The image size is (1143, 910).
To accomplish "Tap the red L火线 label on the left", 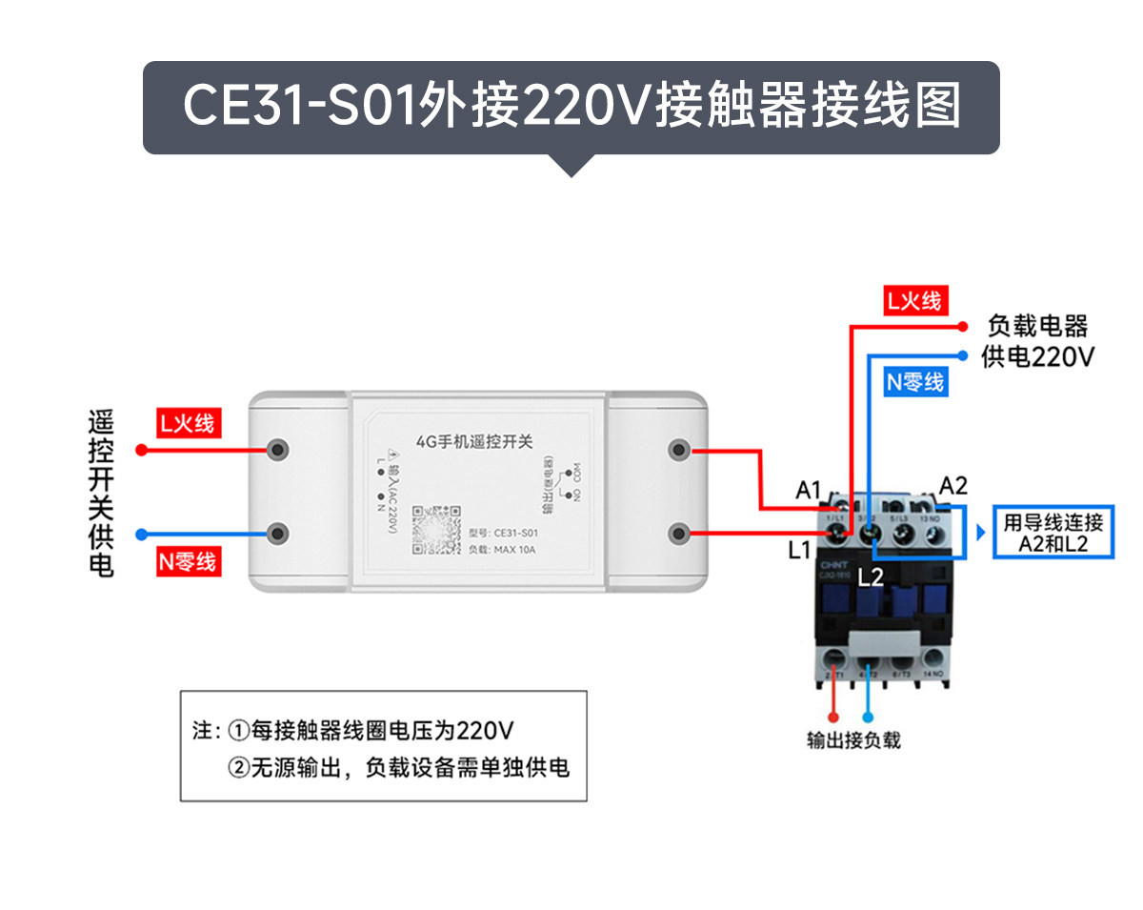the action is point(188,422).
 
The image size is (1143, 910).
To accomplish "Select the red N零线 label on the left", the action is point(188,561).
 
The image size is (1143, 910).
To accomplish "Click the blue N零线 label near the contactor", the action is point(915,382).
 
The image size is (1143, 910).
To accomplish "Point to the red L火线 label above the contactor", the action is point(914,301).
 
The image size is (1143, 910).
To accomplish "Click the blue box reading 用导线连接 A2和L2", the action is point(1053,534).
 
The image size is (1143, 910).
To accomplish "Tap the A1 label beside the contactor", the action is point(808,491).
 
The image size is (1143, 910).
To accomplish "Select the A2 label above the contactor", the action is point(953,485).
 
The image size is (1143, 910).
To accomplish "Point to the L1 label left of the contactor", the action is point(798,550).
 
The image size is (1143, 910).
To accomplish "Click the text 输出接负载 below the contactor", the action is point(853,740).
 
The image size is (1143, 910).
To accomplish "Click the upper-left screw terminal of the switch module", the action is point(279,449).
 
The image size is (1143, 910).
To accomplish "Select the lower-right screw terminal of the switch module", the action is point(679,533).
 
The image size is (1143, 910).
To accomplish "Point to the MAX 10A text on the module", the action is point(515,550).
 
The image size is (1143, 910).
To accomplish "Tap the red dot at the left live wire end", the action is point(141,450).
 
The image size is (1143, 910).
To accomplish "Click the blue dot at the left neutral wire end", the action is point(141,534).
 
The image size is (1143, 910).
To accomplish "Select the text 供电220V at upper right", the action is point(1038,357).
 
